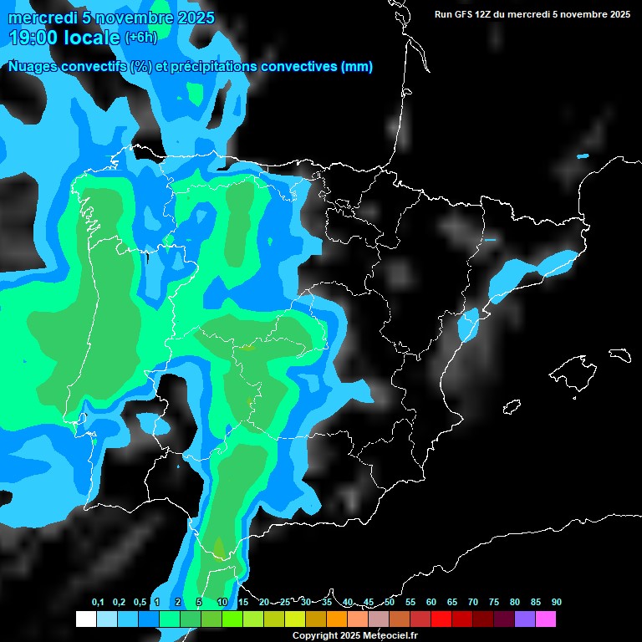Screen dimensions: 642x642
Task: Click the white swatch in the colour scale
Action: (x=85, y=619)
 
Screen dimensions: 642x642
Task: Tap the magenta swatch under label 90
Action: (x=546, y=619)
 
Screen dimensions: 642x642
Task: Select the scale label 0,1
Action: (x=98, y=603)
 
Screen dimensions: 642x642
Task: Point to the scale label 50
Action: (x=390, y=603)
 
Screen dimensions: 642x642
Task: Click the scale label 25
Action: (x=285, y=603)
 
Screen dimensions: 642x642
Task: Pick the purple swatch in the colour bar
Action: (x=525, y=619)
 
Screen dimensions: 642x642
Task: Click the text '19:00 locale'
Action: (x=64, y=37)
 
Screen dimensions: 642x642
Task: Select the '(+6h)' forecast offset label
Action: (x=140, y=37)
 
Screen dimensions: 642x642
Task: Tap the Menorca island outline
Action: (x=619, y=354)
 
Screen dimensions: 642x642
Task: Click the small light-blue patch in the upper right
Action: (x=583, y=156)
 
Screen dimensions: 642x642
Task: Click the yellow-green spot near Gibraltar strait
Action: (x=218, y=548)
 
